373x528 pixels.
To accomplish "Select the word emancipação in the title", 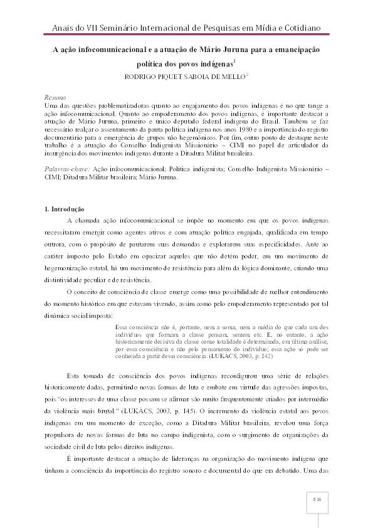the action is point(297,49).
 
